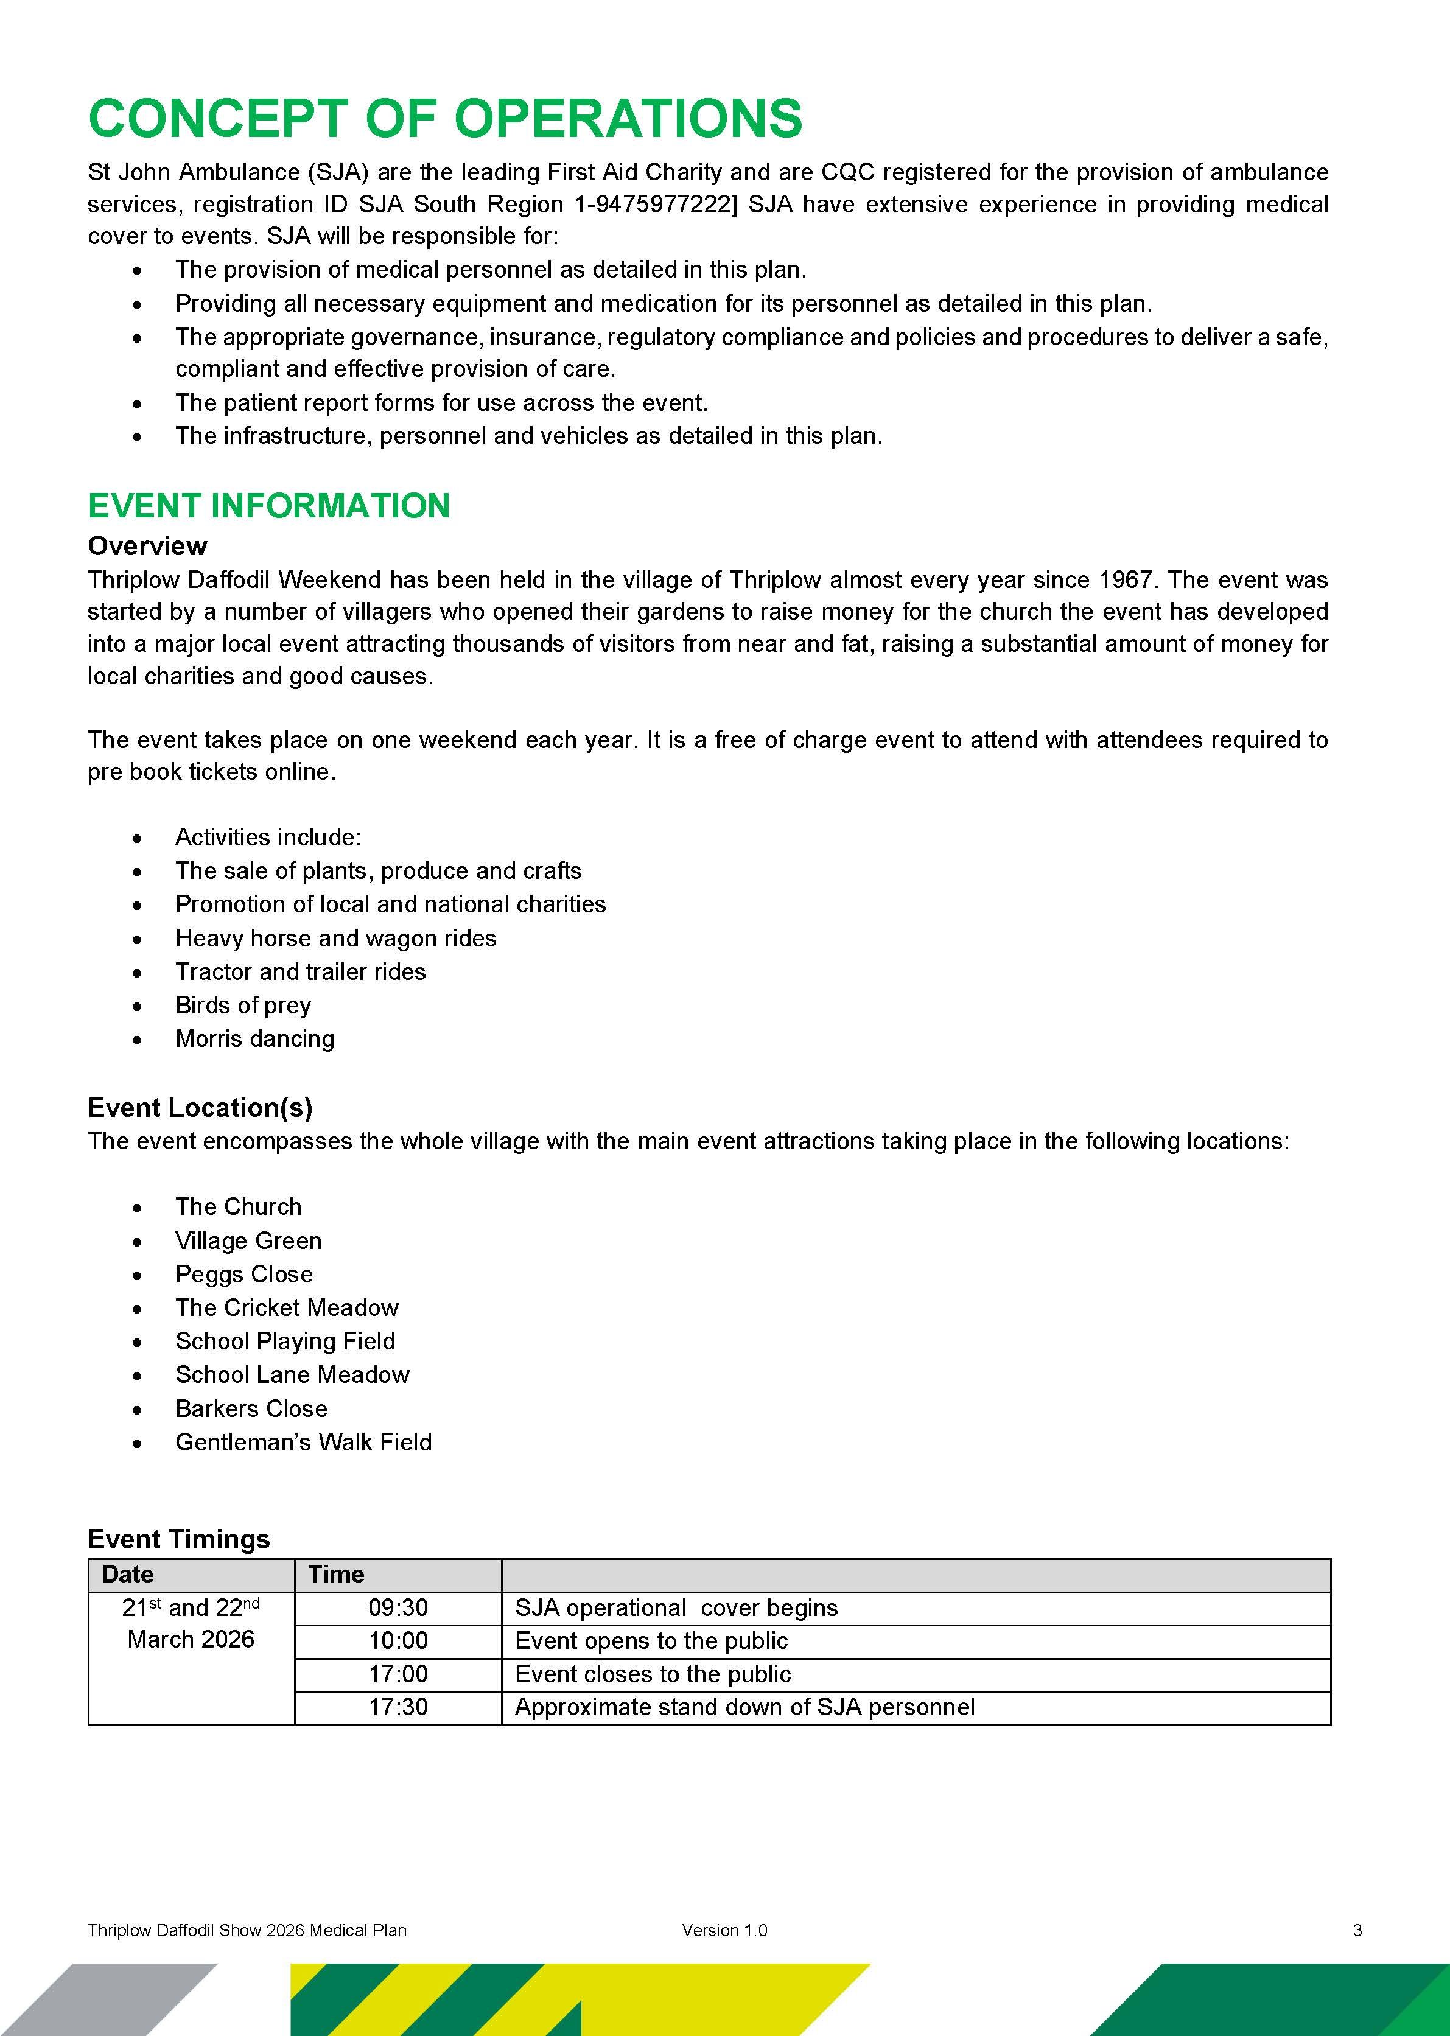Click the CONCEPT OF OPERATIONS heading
point(444,119)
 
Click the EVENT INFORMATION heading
point(268,506)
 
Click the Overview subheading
point(147,545)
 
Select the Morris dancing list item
point(254,1039)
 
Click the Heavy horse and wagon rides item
point(335,938)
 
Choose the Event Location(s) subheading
point(200,1108)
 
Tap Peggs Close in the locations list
point(243,1275)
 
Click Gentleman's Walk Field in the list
point(304,1443)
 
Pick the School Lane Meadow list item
point(292,1374)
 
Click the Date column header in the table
point(128,1575)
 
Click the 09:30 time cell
point(398,1609)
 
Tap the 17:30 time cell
point(398,1707)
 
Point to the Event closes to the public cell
point(653,1674)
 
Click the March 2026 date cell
point(191,1640)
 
